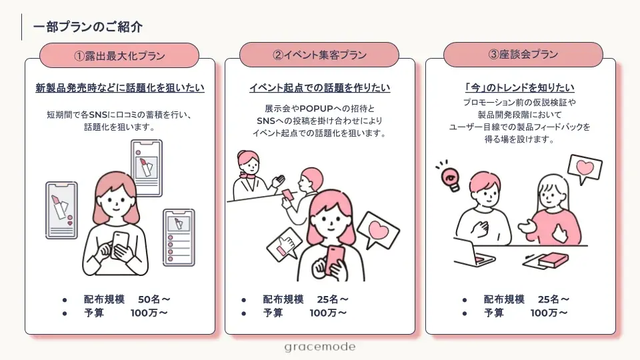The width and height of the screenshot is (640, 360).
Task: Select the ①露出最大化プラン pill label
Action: coord(119,55)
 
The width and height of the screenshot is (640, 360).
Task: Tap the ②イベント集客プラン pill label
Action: coord(319,55)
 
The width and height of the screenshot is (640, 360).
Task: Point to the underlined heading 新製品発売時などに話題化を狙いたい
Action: coord(120,88)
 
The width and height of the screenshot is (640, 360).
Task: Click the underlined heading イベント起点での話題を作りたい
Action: coord(319,88)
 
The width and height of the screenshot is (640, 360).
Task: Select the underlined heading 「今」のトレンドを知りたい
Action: coord(519,88)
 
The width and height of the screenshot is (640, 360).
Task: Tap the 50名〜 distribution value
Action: coord(155,299)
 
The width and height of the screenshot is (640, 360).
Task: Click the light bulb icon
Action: coord(451,177)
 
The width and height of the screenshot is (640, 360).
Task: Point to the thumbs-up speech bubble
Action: coord(284,247)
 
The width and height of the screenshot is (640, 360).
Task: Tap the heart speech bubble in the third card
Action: coord(584,169)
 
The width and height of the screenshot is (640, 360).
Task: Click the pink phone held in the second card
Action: coord(335,257)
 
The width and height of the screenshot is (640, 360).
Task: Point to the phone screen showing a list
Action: coord(179,237)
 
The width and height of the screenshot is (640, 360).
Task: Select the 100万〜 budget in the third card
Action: coord(549,313)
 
